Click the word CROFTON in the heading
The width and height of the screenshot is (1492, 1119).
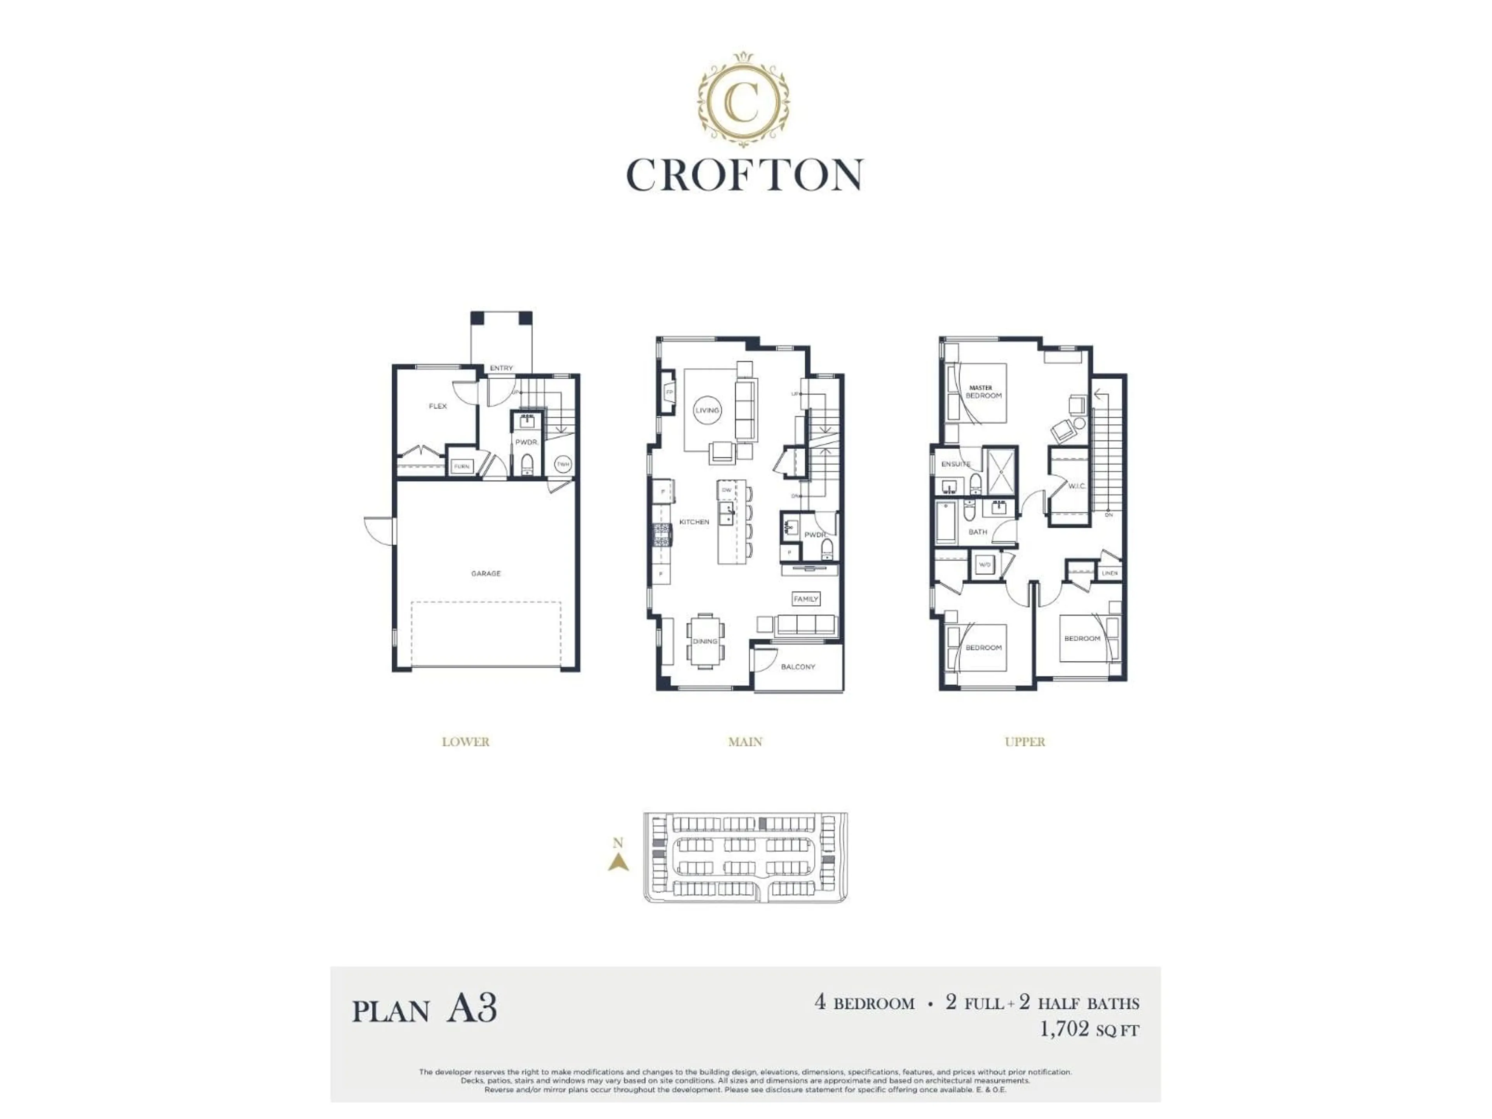pos(745,175)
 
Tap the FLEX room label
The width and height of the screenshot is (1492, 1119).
pos(438,406)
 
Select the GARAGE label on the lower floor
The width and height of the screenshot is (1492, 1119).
pos(486,573)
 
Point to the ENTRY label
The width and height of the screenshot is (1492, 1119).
pos(501,368)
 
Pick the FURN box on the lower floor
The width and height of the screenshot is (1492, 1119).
pos(461,466)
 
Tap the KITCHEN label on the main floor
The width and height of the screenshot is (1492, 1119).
pos(694,522)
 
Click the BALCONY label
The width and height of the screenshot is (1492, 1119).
pos(798,667)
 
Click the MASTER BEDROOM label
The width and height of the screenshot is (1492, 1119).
pos(983,392)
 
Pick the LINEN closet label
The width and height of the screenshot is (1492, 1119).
pos(1110,573)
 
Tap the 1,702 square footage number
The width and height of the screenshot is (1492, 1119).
pos(1064,1030)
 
